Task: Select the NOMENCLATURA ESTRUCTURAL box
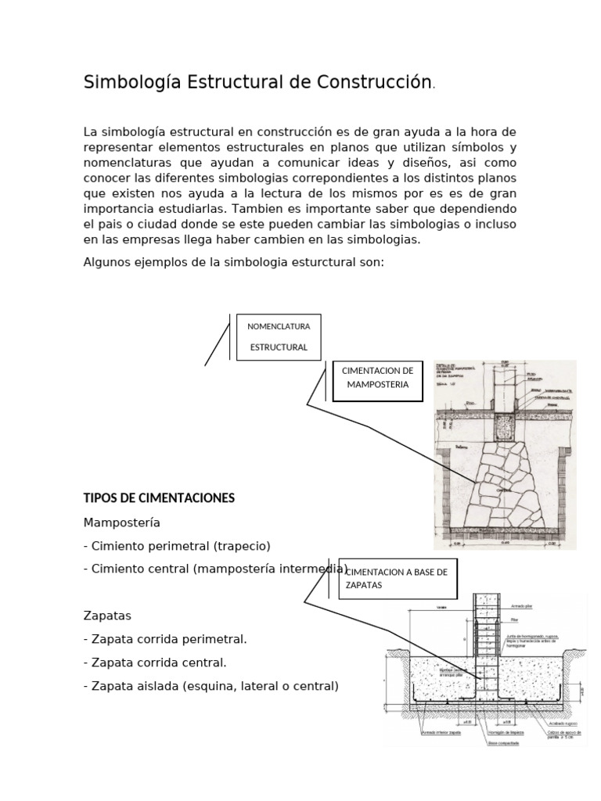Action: pyautogui.click(x=279, y=337)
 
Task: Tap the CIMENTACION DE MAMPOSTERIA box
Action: pyautogui.click(x=378, y=381)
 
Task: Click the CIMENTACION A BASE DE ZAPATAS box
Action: pyautogui.click(x=397, y=579)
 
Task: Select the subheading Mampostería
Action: pyautogui.click(x=121, y=522)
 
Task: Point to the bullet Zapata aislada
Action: pyautogui.click(x=211, y=686)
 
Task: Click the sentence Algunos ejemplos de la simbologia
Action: pyautogui.click(x=233, y=261)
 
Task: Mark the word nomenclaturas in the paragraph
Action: pyautogui.click(x=129, y=162)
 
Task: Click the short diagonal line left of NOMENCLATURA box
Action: pyautogui.click(x=217, y=340)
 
